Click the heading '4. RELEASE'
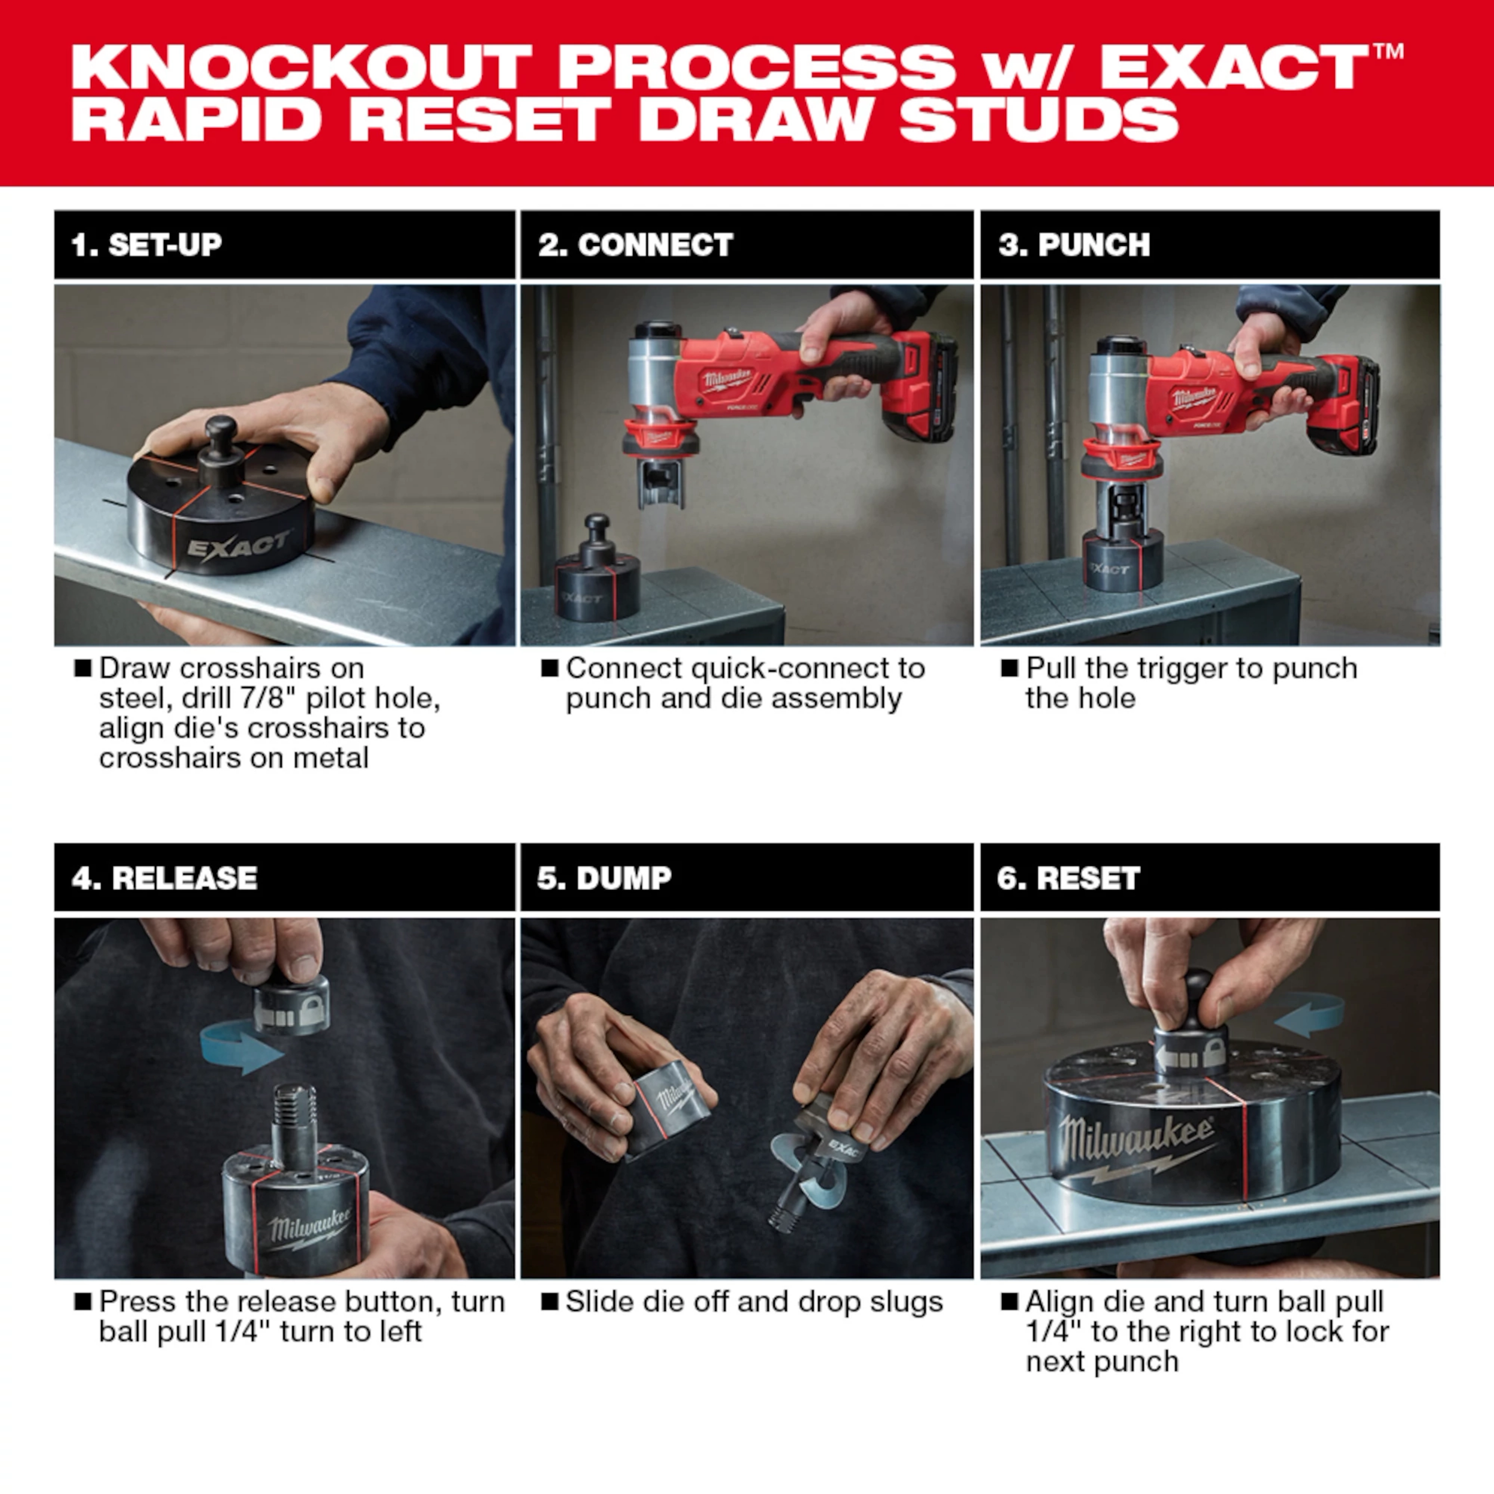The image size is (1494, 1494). (164, 878)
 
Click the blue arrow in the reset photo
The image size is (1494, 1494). (1308, 1015)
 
